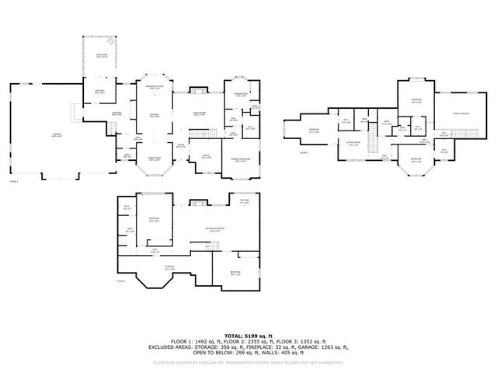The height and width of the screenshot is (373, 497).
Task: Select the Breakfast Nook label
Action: click(x=155, y=88)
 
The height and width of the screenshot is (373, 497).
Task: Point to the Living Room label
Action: click(x=199, y=114)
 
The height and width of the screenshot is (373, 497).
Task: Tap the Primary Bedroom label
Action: click(x=242, y=161)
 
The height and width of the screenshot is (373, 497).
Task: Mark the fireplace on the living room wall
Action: click(x=197, y=92)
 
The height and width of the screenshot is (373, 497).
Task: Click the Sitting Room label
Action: click(x=355, y=144)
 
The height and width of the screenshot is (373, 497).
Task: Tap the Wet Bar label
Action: click(x=244, y=201)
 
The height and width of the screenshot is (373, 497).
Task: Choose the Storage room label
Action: click(x=169, y=268)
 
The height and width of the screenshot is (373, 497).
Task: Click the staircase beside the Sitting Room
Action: click(x=372, y=145)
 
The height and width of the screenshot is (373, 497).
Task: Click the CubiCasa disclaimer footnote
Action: click(x=248, y=362)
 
